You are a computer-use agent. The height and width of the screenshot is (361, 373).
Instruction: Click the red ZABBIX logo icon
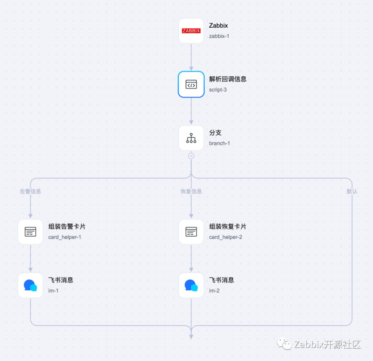191,31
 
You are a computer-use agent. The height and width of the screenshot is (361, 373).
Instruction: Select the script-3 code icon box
191,84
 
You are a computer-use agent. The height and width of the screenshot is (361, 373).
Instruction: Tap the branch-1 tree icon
191,138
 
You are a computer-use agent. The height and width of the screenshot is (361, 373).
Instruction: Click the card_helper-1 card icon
30,232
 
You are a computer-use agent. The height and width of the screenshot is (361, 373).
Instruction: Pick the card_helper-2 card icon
191,232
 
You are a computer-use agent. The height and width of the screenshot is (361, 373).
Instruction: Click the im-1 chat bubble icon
30,285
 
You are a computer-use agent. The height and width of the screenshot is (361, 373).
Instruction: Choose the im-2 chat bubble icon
191,285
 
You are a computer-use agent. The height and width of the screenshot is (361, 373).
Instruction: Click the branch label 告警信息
30,191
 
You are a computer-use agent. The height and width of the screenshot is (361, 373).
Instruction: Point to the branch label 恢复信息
191,191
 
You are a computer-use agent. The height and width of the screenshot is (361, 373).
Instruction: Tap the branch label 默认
352,191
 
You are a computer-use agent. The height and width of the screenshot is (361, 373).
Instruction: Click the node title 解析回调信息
228,79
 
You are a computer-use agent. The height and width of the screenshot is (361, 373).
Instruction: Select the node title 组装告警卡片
67,227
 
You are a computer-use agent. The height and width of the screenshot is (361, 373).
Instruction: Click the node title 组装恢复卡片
228,227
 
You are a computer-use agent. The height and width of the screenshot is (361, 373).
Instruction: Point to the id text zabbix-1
219,36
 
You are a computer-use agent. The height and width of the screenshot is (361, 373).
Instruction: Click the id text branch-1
219,143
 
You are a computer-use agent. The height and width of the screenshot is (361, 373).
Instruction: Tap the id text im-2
214,291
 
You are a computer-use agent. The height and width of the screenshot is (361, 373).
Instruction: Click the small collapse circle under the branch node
191,156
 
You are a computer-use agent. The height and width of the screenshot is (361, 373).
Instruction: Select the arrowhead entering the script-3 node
191,68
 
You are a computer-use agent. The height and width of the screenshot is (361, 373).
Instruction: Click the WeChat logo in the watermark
285,344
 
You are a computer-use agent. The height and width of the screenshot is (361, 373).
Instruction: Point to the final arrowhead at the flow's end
191,336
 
